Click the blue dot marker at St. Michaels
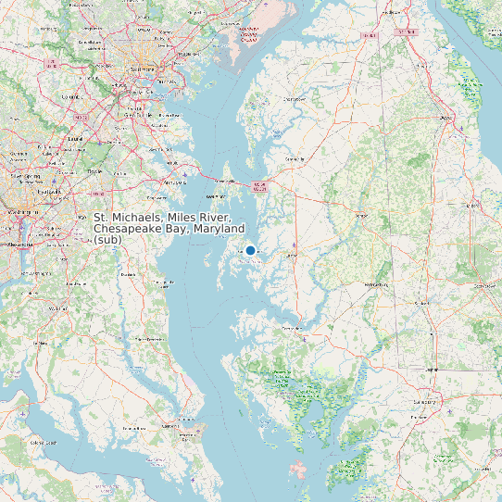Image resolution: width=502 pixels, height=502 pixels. (x=250, y=250)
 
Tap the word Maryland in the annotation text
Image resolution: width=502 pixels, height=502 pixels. (x=220, y=228)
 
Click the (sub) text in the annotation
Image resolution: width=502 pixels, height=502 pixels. (x=107, y=240)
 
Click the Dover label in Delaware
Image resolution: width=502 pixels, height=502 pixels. (x=446, y=119)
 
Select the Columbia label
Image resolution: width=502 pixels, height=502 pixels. (x=70, y=95)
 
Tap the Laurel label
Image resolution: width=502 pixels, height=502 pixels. (x=73, y=139)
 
